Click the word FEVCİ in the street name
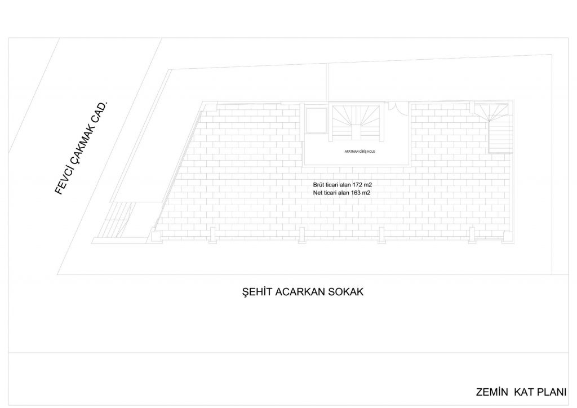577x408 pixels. pos(62,182)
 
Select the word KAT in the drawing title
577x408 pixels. pos(522,392)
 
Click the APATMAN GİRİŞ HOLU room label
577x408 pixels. pos(359,152)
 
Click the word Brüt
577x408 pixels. pos(318,185)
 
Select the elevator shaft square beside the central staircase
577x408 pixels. pos(317,120)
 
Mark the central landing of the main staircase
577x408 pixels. pos(356,132)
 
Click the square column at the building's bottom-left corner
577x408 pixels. pos(157,236)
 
